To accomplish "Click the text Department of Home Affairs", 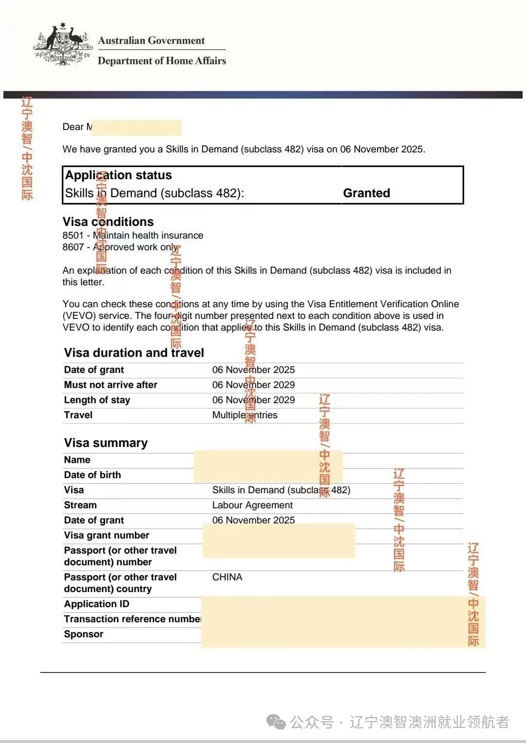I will pyautogui.click(x=162, y=61).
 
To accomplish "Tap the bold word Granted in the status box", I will pyautogui.click(x=366, y=193).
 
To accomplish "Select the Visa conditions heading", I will pyautogui.click(x=108, y=222).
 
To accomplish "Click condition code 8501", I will pyautogui.click(x=73, y=236).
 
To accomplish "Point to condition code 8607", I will pyautogui.click(x=73, y=247).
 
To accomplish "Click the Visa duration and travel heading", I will pyautogui.click(x=134, y=353).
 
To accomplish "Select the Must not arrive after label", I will pyautogui.click(x=111, y=385).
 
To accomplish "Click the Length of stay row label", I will pyautogui.click(x=97, y=400).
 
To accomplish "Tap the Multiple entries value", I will pyautogui.click(x=244, y=415).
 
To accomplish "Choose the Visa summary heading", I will pyautogui.click(x=106, y=443).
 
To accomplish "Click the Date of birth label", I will pyautogui.click(x=92, y=475).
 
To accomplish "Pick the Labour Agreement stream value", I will pyautogui.click(x=252, y=505).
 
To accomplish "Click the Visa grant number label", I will pyautogui.click(x=106, y=536).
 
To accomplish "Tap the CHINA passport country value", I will pyautogui.click(x=227, y=577).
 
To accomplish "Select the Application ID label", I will pyautogui.click(x=96, y=604).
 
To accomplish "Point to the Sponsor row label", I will pyautogui.click(x=83, y=634).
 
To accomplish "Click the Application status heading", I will pyautogui.click(x=118, y=175).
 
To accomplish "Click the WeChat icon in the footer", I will pyautogui.click(x=276, y=722).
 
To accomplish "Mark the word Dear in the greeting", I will pyautogui.click(x=73, y=127).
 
